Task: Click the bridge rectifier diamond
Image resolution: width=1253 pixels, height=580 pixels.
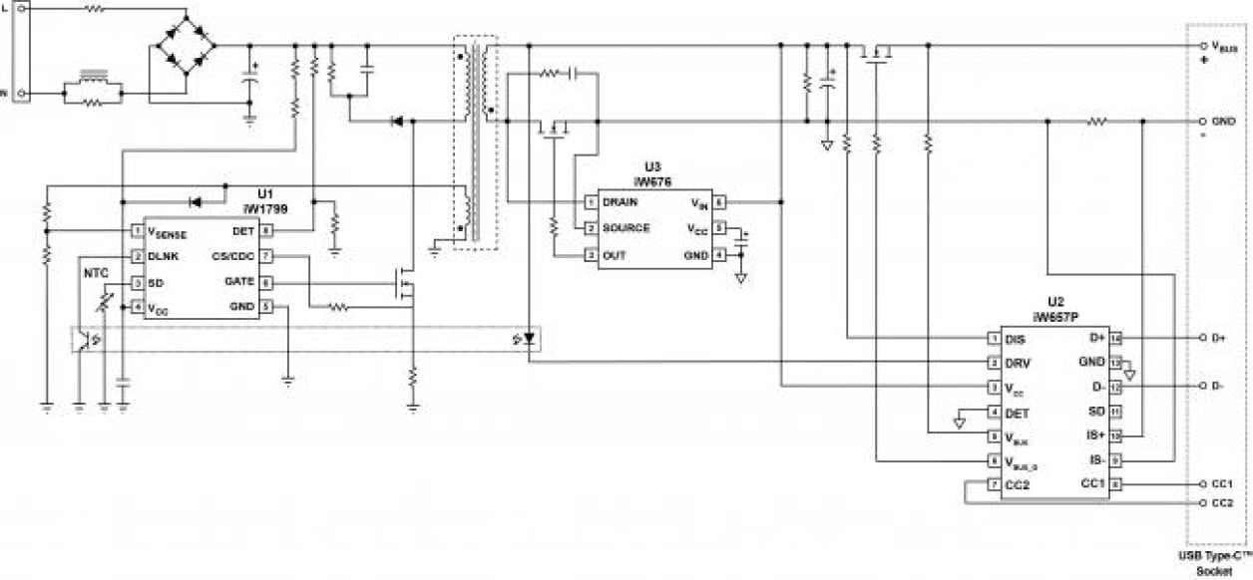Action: point(188,45)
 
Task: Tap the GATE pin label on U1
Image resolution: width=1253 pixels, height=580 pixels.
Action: point(241,282)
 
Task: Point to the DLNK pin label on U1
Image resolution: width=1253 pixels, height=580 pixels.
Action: point(164,256)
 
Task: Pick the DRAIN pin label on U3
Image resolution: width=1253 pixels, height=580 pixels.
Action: point(621,201)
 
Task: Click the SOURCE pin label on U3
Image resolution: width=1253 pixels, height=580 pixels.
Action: point(626,228)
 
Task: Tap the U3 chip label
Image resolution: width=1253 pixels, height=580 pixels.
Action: point(652,166)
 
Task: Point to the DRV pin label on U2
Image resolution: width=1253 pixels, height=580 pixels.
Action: point(1017,363)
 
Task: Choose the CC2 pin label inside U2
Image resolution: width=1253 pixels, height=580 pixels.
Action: point(1018,484)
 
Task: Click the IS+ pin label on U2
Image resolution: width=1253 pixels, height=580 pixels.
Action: point(1093,435)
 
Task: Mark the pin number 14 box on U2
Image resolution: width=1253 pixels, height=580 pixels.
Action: point(1116,338)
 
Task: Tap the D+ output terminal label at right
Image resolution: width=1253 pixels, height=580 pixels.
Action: point(1217,338)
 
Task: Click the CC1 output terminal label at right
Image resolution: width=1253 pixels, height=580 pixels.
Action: point(1221,484)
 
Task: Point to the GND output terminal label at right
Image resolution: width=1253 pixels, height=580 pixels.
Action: point(1221,121)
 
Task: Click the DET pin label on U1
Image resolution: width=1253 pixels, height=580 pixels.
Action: point(243,230)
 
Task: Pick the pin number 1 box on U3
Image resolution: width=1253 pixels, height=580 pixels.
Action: point(591,201)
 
